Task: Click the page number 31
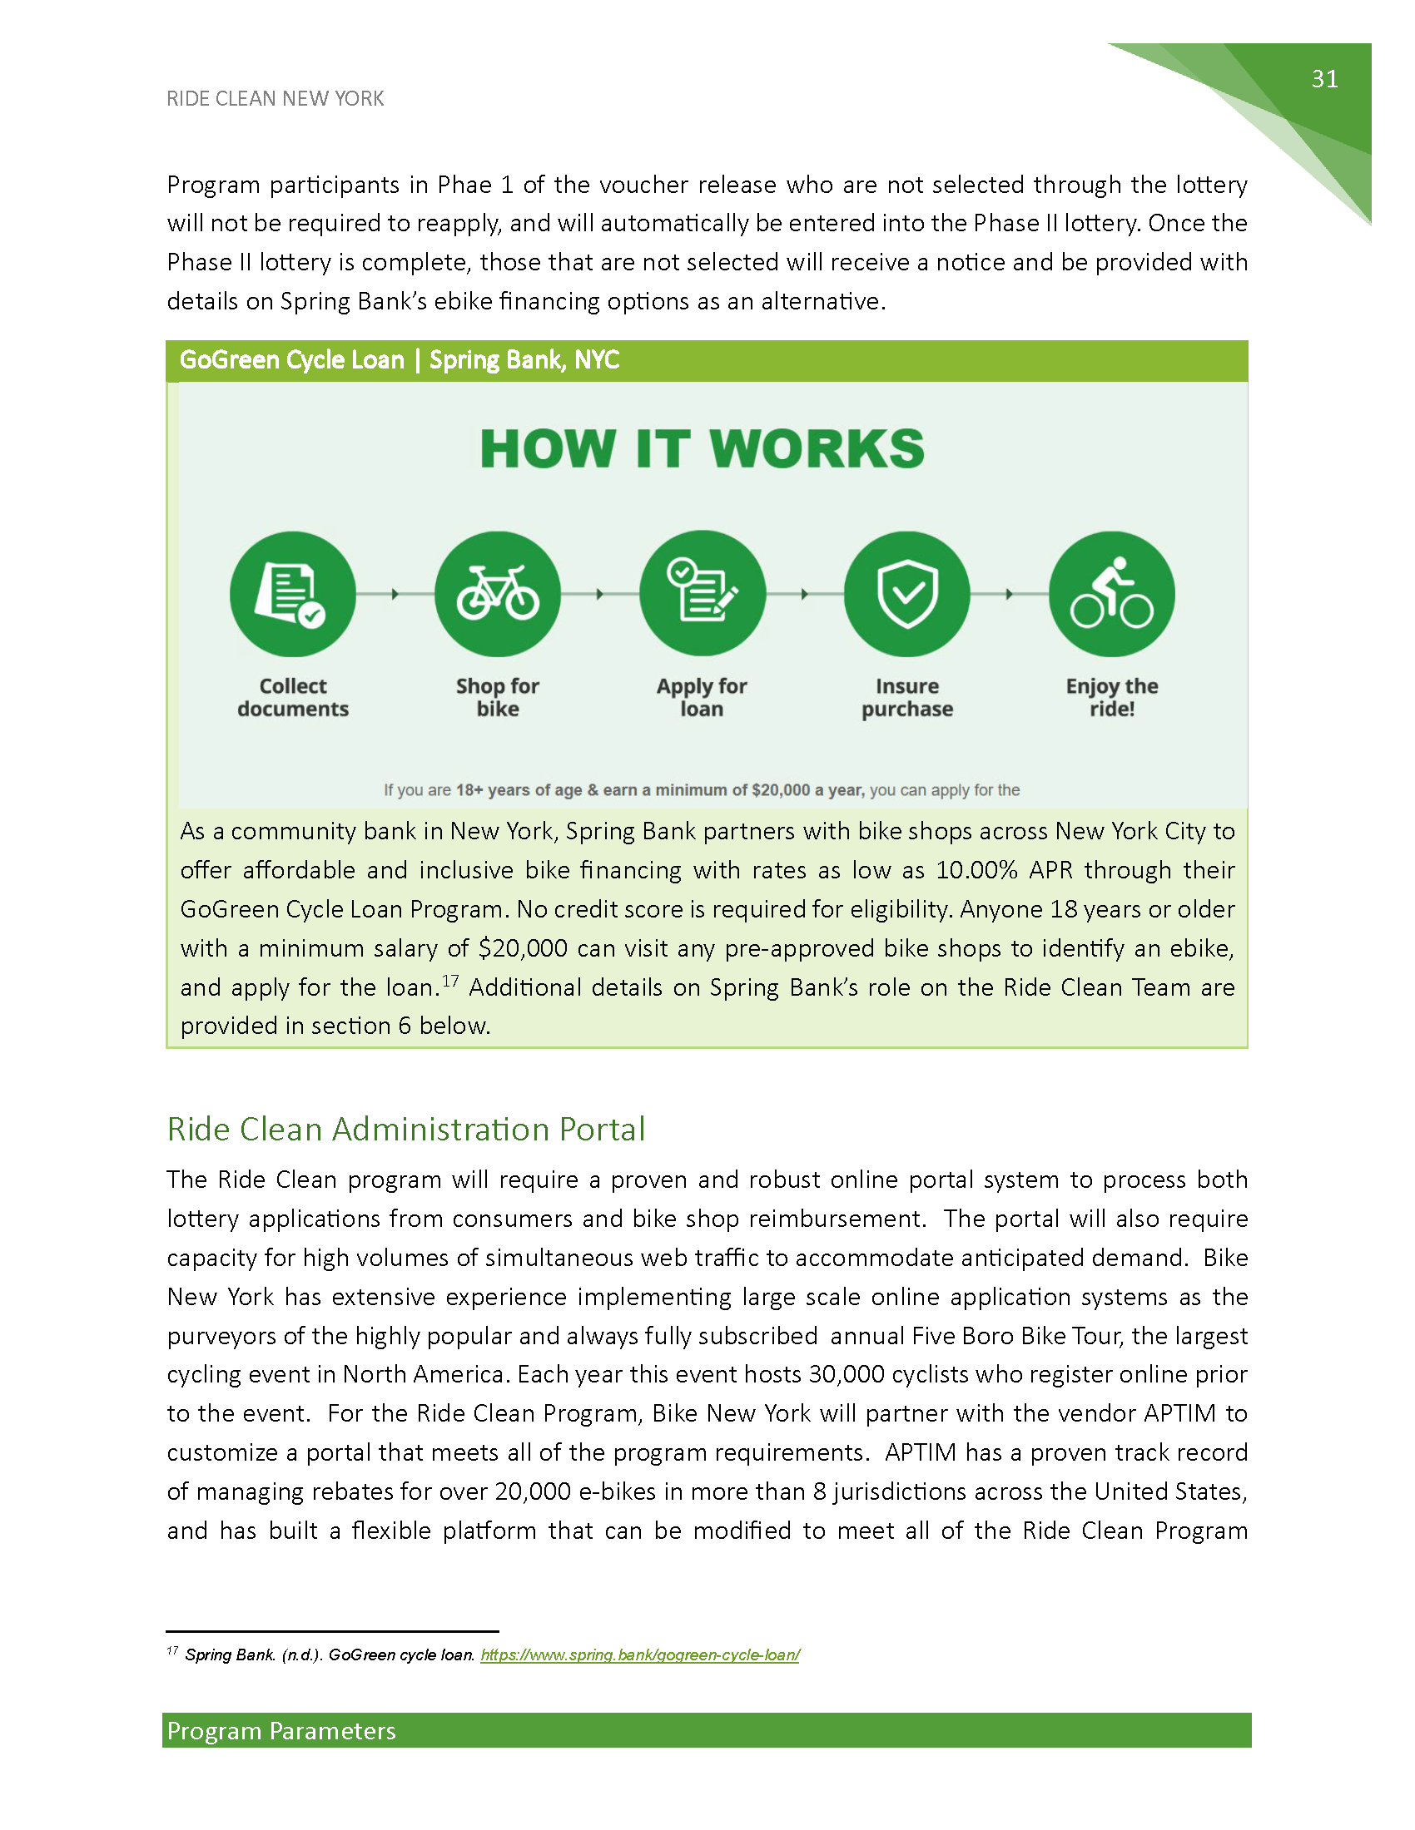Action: coord(1324,79)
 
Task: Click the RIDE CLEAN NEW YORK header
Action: coord(275,99)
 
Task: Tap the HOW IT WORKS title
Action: coord(703,449)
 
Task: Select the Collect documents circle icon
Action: coord(292,593)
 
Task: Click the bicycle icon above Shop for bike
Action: coord(497,593)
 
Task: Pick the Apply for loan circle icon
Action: coord(702,593)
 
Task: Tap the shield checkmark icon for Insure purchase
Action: coord(907,593)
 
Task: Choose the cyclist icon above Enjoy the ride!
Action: coord(1111,593)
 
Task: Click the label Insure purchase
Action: coord(907,697)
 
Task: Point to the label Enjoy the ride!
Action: coord(1111,697)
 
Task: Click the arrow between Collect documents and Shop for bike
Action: coord(395,594)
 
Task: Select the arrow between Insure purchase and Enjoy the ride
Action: coord(1010,594)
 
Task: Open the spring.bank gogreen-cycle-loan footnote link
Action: coord(639,1654)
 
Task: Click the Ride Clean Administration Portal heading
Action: coord(405,1130)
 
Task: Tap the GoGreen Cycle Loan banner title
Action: coord(399,360)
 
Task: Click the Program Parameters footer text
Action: coord(281,1731)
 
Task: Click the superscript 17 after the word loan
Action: coord(450,981)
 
